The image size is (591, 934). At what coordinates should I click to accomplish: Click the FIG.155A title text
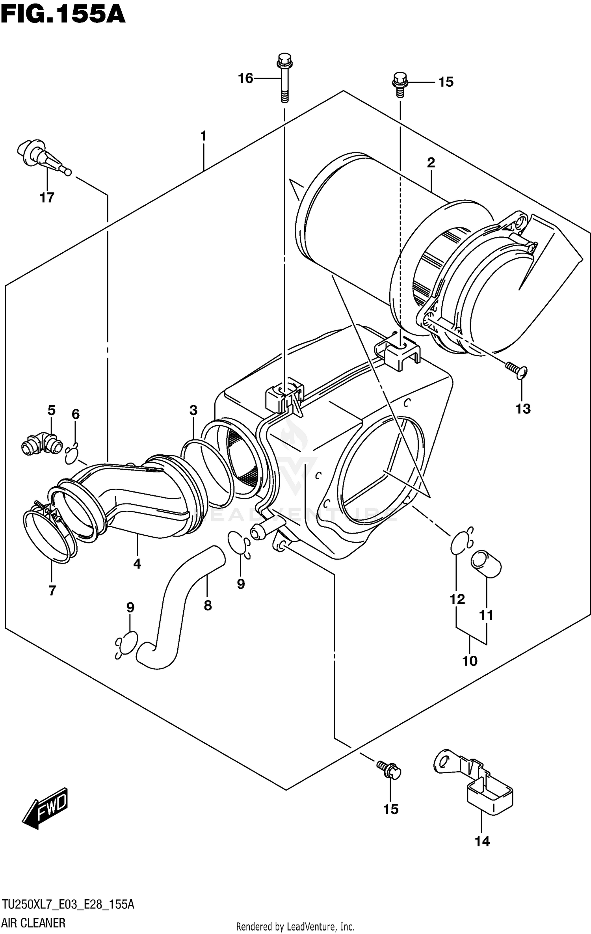point(63,16)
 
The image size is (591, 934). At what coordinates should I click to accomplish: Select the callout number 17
point(47,197)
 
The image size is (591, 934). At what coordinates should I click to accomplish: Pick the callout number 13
point(523,409)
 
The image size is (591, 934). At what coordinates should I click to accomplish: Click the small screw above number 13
point(517,369)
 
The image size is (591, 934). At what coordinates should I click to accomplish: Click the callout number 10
point(470,660)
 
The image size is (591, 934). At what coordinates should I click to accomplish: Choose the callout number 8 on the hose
point(208,605)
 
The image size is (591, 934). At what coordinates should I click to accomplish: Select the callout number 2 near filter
point(431,162)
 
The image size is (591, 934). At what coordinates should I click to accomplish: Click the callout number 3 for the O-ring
point(193,410)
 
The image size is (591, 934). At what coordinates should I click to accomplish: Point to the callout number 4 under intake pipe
point(137,564)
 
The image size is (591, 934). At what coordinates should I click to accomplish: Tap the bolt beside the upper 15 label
point(400,84)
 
